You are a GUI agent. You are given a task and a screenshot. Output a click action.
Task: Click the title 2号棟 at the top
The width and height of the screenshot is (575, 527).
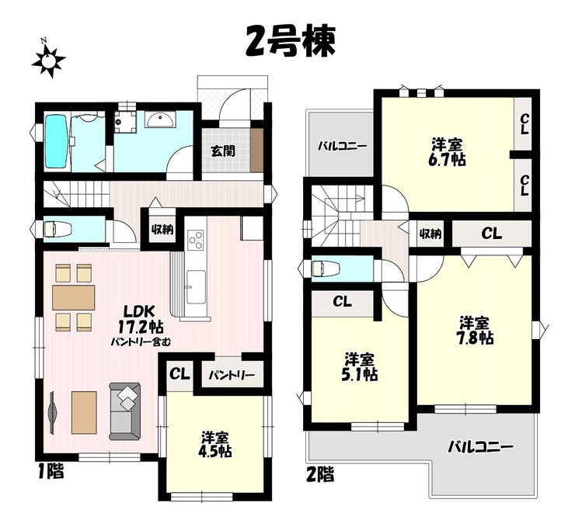coord(291,42)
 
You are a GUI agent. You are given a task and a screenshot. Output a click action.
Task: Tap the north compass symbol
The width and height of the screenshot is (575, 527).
coord(48,59)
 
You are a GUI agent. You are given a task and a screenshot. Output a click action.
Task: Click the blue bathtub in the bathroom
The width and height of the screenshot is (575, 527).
coord(56,141)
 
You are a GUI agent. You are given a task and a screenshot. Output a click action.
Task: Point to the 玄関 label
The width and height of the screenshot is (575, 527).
coord(223,151)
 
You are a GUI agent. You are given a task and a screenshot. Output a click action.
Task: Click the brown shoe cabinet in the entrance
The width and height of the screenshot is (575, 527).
coord(257,150)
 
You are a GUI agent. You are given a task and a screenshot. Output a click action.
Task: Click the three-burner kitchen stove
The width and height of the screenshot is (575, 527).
coord(195,240)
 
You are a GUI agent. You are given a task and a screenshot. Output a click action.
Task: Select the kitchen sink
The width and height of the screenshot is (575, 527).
coord(195,287)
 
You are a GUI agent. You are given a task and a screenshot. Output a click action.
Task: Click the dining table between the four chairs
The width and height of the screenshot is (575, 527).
coord(73,297)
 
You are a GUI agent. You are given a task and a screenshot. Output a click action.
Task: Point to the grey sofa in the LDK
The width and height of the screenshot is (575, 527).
coord(124,411)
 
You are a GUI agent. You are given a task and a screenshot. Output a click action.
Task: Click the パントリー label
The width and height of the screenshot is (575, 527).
coord(232,376)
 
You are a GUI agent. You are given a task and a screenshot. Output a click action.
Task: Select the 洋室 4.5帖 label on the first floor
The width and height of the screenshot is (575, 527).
coord(215,444)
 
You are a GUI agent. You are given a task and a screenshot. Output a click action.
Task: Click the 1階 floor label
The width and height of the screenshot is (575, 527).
coord(51,471)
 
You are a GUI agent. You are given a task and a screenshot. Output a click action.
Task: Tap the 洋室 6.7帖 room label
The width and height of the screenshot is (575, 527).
coord(447,152)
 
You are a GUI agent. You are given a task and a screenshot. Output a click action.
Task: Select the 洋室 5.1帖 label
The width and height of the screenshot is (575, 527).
coord(359,366)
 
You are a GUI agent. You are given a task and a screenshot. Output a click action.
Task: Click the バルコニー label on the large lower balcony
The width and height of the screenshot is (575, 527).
coord(480,447)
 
